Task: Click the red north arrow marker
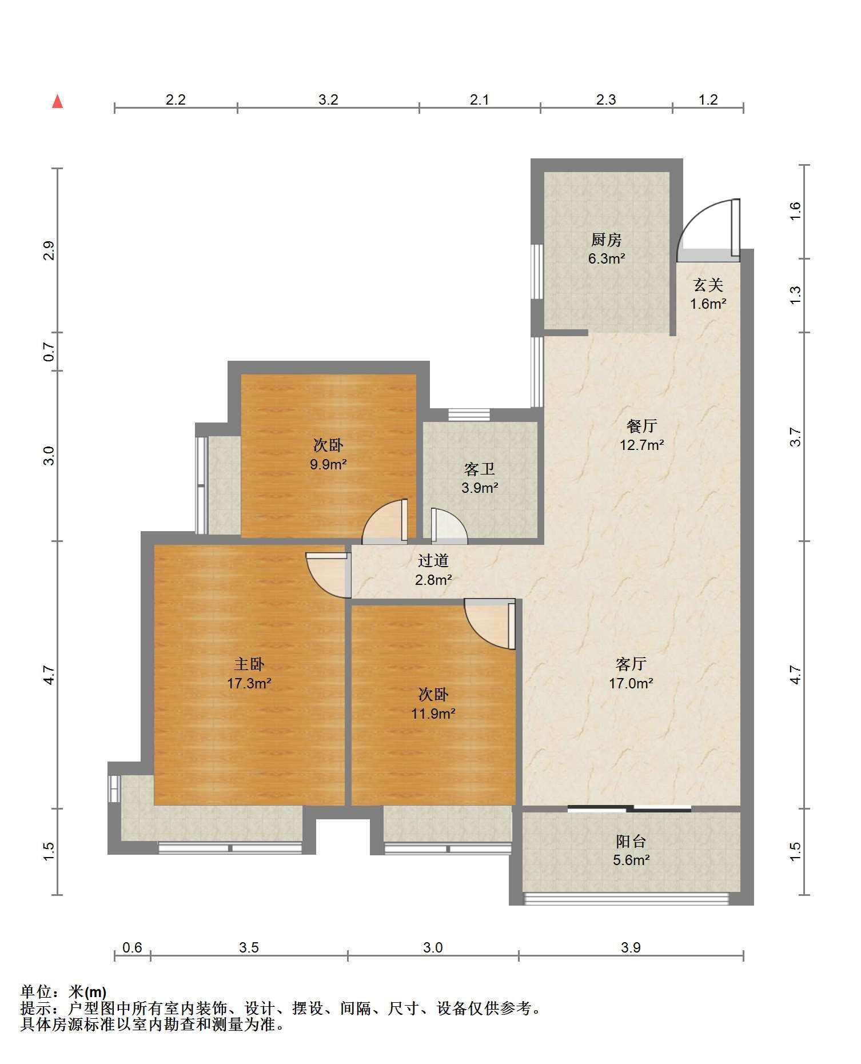point(57,102)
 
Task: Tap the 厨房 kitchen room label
point(606,240)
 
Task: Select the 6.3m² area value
point(607,258)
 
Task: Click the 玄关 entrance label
point(708,285)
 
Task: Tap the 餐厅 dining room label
point(641,426)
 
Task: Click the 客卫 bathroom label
point(480,469)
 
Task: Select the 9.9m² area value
point(329,464)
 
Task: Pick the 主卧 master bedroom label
point(249,664)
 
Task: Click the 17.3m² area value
point(249,683)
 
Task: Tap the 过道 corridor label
point(433,561)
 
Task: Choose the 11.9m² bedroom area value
point(433,714)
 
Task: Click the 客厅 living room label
point(631,664)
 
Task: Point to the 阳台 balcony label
point(631,841)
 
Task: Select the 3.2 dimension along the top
point(328,100)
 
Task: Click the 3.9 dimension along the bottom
point(631,947)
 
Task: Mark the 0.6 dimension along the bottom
point(132,947)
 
